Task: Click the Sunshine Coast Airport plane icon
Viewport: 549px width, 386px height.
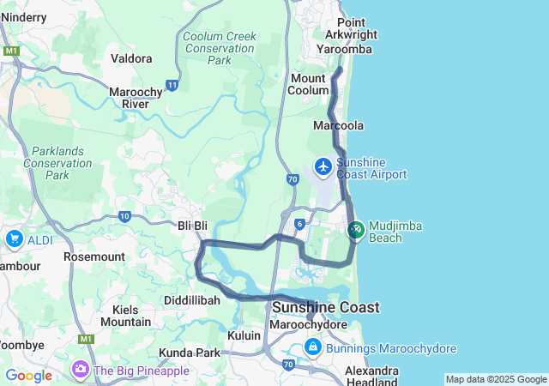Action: click(x=323, y=166)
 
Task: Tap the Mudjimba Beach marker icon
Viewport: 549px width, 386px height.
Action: click(x=356, y=230)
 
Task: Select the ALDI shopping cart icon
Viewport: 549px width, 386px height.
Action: click(x=15, y=239)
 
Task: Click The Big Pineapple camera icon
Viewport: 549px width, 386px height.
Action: click(x=81, y=370)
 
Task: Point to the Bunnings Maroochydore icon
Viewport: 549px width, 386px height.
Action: click(x=313, y=347)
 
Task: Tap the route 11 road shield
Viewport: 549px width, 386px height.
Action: click(x=172, y=85)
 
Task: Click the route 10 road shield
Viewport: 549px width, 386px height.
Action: click(x=125, y=216)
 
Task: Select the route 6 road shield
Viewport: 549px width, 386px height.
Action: click(x=299, y=223)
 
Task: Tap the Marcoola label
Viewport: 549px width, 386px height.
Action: click(x=339, y=125)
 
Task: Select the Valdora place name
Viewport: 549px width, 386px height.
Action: click(x=132, y=58)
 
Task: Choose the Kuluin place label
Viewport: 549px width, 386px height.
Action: click(x=244, y=335)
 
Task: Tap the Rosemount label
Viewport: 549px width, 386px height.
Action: click(x=94, y=256)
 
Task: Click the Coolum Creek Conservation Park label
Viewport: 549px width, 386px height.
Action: click(x=219, y=48)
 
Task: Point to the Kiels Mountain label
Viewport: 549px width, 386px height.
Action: click(x=125, y=315)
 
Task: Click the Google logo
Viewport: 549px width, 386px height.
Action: click(x=28, y=376)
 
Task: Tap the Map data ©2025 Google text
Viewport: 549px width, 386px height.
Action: click(x=496, y=379)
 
